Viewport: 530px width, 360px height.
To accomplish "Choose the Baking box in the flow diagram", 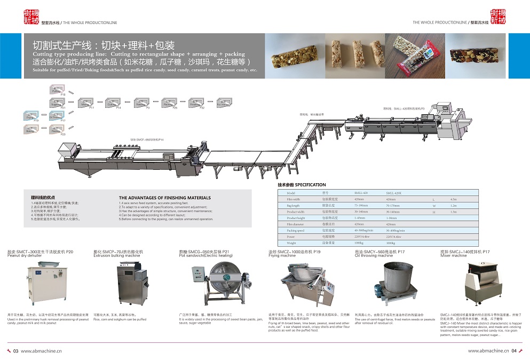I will (x=30, y=129).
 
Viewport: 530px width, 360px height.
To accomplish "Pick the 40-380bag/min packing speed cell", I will (x=363, y=230).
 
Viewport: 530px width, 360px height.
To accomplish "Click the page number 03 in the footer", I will (x=16, y=351).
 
